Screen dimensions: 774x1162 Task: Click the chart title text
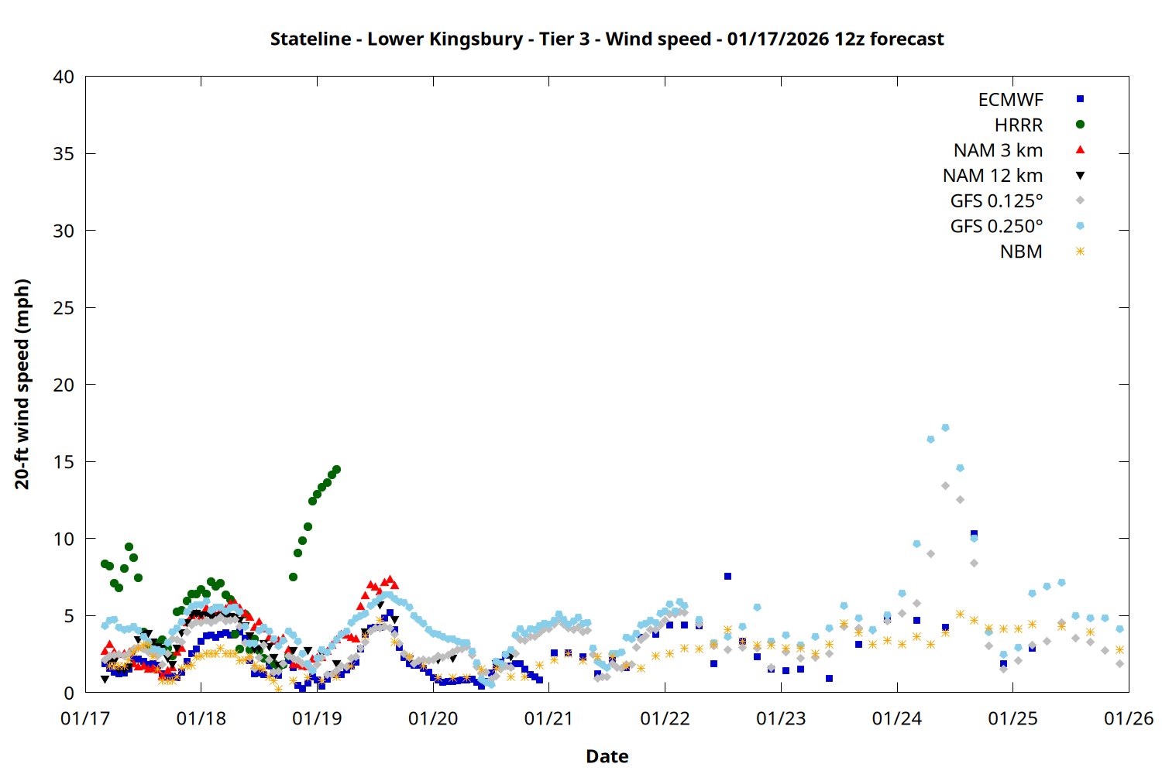coord(607,39)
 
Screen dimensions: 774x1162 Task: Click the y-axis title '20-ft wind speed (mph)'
coord(22,384)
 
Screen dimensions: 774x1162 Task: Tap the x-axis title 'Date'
coord(607,756)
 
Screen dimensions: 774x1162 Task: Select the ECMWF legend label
coord(1010,100)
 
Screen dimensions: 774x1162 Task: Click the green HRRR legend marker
coord(1080,125)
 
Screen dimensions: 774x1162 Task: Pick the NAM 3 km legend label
coord(998,150)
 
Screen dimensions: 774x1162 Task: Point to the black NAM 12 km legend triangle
coord(1080,176)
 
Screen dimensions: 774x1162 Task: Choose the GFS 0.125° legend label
coord(996,201)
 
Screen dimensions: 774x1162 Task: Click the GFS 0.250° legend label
coord(996,227)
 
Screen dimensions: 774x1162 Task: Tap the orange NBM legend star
coord(1080,252)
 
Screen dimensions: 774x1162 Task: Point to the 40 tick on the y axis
coord(64,77)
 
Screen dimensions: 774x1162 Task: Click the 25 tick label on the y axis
coord(64,308)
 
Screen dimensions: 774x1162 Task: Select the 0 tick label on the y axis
coord(69,693)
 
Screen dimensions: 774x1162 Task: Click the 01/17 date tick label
coord(85,718)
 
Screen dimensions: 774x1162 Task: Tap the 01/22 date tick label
coord(665,718)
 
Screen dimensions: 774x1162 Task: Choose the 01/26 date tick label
coord(1128,718)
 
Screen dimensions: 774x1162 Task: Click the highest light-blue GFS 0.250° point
coord(945,427)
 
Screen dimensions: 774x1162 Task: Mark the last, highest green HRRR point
coord(336,470)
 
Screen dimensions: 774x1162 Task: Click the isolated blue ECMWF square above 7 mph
coord(727,576)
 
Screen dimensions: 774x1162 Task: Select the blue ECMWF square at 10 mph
coord(974,533)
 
